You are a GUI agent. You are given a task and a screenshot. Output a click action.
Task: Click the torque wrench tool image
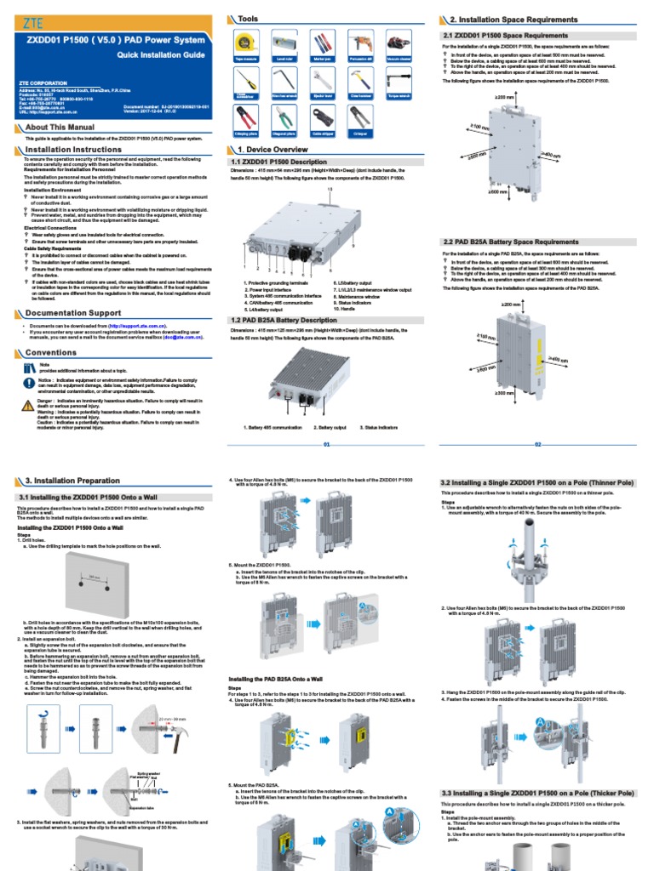click(x=398, y=81)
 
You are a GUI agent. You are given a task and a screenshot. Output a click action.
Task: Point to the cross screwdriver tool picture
click(x=245, y=81)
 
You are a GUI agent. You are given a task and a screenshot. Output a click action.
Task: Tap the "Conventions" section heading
click(x=51, y=352)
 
